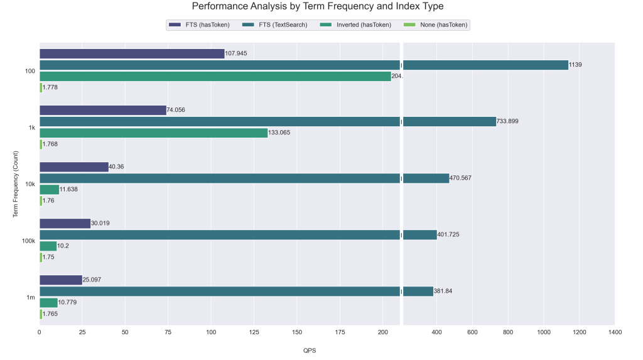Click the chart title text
click(x=318, y=6)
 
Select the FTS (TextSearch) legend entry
click(x=275, y=25)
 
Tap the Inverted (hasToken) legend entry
click(x=355, y=25)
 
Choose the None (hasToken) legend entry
click(x=436, y=25)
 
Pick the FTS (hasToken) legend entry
click(x=199, y=25)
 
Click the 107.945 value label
click(x=236, y=53)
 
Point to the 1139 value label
click(x=575, y=65)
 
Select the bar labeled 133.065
click(x=154, y=133)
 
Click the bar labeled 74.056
click(x=103, y=110)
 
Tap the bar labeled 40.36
click(x=74, y=166)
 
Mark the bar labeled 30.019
click(x=65, y=223)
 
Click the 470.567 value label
click(x=460, y=178)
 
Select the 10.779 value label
click(x=67, y=303)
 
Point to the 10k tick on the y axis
click(x=30, y=184)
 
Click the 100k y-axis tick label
click(x=28, y=241)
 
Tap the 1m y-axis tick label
click(x=31, y=298)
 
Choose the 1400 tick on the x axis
click(x=615, y=332)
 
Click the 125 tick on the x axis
click(x=254, y=332)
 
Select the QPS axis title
click(x=310, y=351)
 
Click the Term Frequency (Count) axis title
click(x=16, y=184)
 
